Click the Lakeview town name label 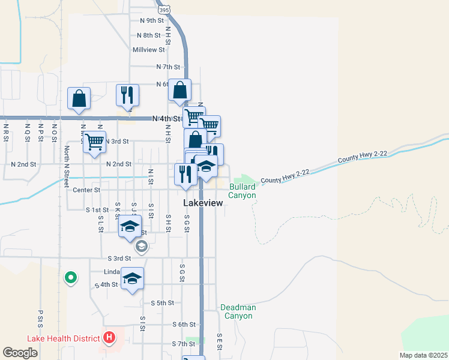(202, 203)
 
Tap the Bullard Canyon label (243, 191)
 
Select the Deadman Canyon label (238, 311)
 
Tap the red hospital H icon (109, 338)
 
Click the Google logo (20, 353)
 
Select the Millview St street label (148, 50)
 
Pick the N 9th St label (151, 20)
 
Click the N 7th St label (168, 67)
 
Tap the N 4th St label (166, 119)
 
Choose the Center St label (86, 190)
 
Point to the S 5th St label (162, 303)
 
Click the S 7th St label (184, 344)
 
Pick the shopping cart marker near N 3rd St (94, 142)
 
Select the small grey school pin (141, 245)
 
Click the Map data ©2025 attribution (424, 355)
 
